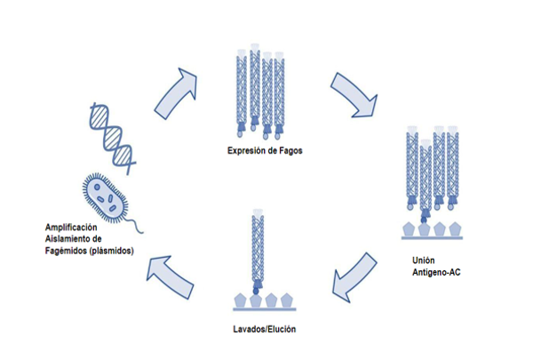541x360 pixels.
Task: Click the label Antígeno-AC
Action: (x=436, y=271)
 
